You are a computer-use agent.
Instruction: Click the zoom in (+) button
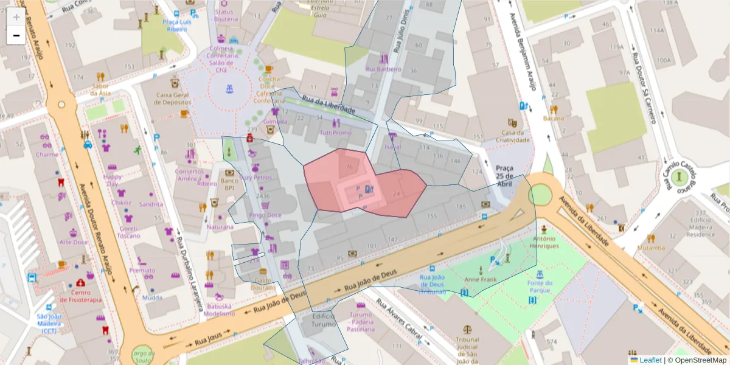click(x=16, y=17)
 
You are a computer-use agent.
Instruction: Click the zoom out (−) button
click(x=16, y=35)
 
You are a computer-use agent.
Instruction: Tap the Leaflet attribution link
click(x=650, y=360)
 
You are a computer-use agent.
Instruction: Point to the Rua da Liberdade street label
click(x=328, y=107)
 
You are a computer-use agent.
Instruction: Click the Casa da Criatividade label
click(x=513, y=137)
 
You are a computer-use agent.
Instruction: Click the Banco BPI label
click(x=229, y=184)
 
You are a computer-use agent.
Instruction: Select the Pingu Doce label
click(x=265, y=215)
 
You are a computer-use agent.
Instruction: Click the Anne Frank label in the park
click(x=481, y=280)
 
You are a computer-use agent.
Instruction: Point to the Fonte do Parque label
click(x=540, y=286)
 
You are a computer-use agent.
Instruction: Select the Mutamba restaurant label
click(x=651, y=248)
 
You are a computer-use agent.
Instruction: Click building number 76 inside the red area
click(x=349, y=167)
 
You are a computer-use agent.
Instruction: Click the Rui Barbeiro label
click(x=383, y=69)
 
